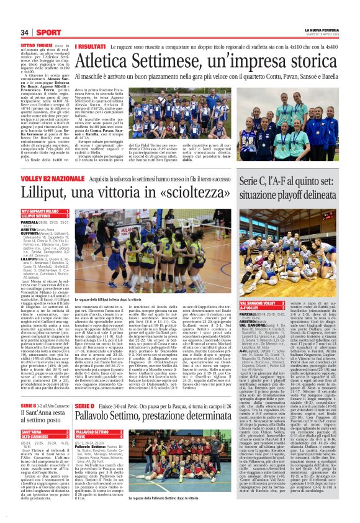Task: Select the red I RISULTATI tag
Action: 90,47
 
